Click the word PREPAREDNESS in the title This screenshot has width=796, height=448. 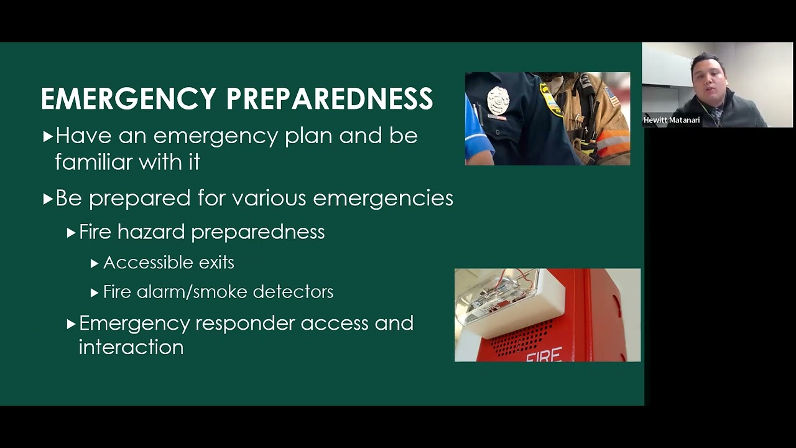[329, 99]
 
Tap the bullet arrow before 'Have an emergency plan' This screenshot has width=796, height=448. [48, 136]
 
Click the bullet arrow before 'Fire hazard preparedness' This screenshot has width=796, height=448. [72, 233]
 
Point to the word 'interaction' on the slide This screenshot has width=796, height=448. [131, 347]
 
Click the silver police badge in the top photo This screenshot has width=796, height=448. [497, 101]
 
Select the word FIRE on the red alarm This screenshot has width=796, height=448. [544, 355]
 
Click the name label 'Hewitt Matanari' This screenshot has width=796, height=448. [672, 120]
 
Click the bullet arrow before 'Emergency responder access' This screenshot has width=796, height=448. [72, 324]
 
